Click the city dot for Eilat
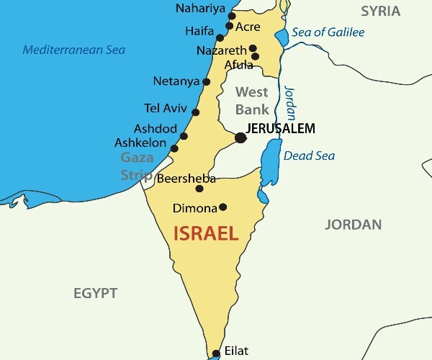[215, 354]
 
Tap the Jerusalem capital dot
[240, 138]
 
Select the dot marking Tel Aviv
[195, 112]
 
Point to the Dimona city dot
[222, 207]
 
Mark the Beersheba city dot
[199, 189]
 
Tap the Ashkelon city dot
[174, 148]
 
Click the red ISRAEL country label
[206, 234]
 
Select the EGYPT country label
[95, 293]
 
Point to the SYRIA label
[380, 10]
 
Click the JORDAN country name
[353, 225]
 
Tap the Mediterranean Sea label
[73, 50]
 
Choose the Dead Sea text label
[309, 156]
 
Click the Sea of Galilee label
[328, 32]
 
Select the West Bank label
[252, 101]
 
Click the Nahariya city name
[200, 9]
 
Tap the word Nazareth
[221, 51]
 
